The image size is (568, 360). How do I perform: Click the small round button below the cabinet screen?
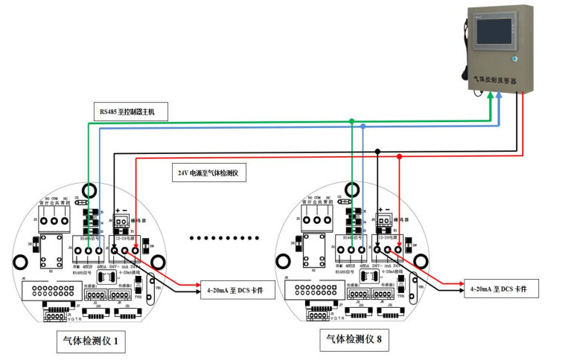(513, 58)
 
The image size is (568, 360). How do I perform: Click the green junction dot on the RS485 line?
(351, 120)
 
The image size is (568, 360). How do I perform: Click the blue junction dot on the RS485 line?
(363, 127)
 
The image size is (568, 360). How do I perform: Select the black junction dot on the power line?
(378, 151)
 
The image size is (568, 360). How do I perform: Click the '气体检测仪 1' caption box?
(91, 342)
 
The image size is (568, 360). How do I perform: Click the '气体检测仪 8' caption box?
(352, 340)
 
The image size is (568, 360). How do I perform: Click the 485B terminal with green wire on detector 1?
(89, 251)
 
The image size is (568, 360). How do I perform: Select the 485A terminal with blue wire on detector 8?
(363, 251)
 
